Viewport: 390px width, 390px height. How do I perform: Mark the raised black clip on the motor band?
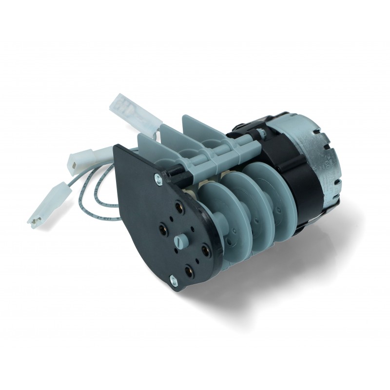pos(256,129)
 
